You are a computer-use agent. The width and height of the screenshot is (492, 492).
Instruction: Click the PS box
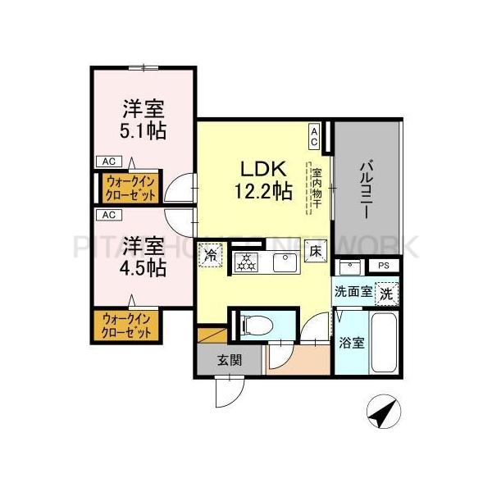tap(384, 266)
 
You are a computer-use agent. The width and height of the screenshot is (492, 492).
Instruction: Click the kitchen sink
tap(284, 262)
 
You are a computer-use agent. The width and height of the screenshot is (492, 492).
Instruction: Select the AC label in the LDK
tap(314, 131)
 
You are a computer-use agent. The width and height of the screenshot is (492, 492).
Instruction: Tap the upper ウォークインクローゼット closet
tap(130, 186)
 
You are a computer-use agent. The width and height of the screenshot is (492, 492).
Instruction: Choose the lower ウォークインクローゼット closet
tap(126, 326)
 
